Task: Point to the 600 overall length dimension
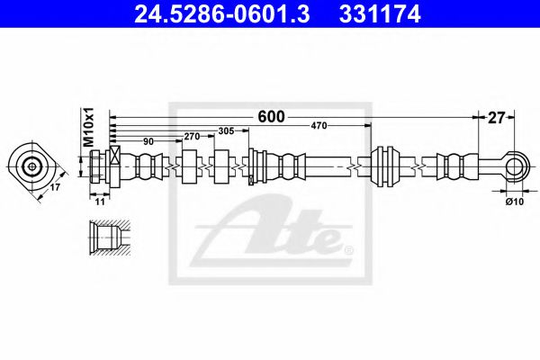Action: click(x=271, y=116)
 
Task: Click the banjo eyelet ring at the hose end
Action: click(x=514, y=165)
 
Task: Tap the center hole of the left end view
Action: click(x=32, y=166)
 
